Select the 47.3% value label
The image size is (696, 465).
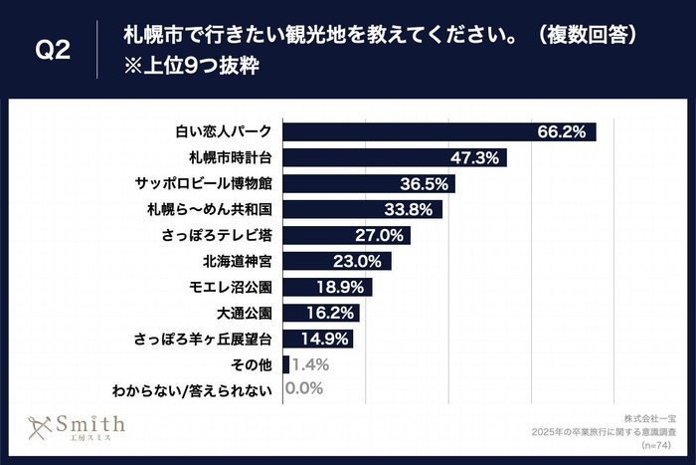(x=484, y=158)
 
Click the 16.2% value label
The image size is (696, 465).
(x=335, y=314)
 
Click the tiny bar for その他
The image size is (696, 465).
(x=286, y=365)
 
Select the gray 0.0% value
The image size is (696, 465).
(x=302, y=390)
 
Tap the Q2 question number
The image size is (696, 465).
(x=52, y=50)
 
